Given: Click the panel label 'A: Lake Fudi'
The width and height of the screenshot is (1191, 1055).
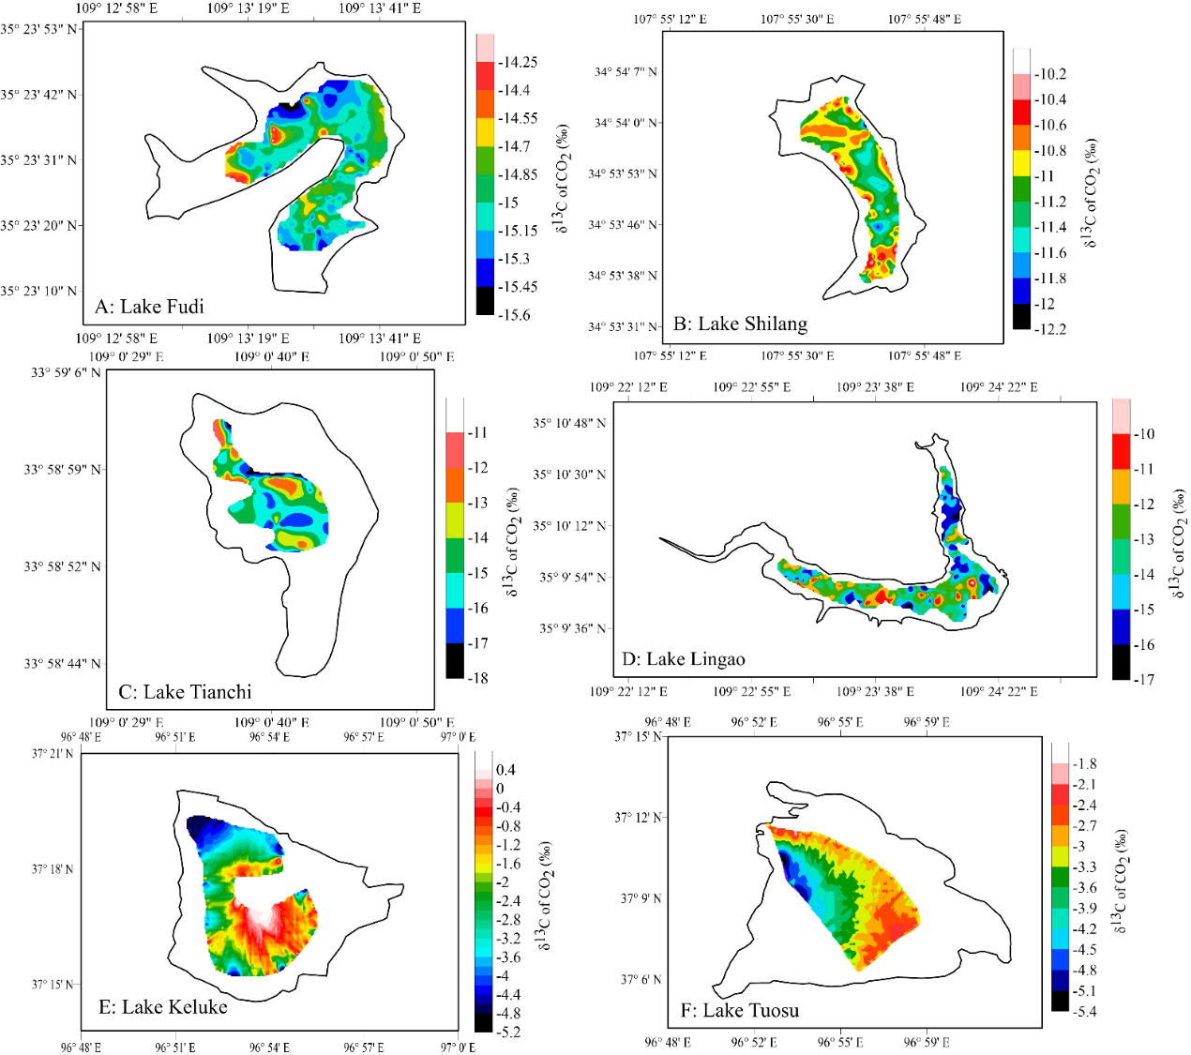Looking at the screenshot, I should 149,307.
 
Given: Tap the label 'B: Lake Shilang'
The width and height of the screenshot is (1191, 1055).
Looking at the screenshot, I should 741,324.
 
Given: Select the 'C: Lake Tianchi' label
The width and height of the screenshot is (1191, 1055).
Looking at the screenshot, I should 185,692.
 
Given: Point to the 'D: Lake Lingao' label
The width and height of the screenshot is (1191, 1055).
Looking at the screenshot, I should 684,659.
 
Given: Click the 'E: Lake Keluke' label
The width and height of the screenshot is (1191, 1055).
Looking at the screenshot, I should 163,1007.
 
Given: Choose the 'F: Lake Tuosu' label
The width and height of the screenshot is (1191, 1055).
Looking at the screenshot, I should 740,1010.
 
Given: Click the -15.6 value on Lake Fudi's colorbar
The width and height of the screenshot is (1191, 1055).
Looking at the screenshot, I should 514,315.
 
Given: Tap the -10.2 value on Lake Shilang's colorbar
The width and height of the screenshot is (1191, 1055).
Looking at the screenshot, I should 1049,74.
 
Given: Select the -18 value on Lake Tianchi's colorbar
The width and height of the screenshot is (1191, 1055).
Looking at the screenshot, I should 477,678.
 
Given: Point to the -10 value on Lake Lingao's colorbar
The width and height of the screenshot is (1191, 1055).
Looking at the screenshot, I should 1143,434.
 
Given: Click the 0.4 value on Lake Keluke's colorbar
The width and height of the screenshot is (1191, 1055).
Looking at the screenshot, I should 505,770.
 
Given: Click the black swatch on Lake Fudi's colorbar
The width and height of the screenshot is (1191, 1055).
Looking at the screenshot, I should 485,301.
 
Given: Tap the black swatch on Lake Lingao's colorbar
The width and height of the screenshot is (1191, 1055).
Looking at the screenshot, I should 1121,662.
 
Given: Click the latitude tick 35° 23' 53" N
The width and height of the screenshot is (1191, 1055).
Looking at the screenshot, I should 39,29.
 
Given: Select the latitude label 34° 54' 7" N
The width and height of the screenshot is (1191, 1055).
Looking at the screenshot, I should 626,72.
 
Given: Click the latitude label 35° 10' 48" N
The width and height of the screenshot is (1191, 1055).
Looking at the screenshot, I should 570,423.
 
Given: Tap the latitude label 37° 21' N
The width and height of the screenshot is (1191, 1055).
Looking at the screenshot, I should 53,754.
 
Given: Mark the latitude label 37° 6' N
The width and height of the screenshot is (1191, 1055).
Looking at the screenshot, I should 641,980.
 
